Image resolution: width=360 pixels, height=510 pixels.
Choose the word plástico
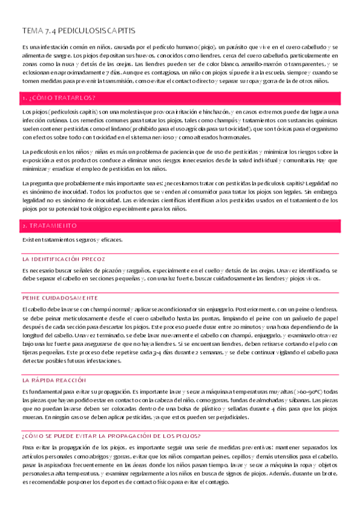203,408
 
